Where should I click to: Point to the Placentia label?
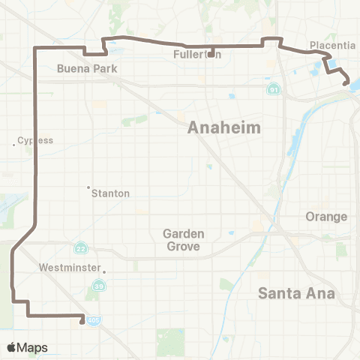(x=332, y=46)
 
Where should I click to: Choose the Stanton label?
(x=110, y=193)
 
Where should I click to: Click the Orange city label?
(x=326, y=217)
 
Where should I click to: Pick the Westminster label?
(x=70, y=266)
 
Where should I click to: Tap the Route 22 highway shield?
(x=80, y=248)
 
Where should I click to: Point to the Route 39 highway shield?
(x=98, y=286)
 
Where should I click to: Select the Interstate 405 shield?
(x=91, y=320)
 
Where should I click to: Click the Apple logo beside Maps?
(x=11, y=347)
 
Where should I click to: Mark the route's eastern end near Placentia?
(x=346, y=84)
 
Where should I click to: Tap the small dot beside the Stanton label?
(x=88, y=187)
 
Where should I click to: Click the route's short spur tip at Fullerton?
(x=213, y=55)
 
